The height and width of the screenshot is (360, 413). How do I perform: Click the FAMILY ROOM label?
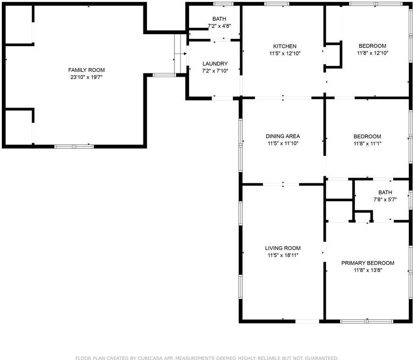pos(86,70)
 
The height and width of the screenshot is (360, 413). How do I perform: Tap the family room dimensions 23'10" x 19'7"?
pos(86,77)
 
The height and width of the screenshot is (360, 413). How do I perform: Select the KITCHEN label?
pos(283,46)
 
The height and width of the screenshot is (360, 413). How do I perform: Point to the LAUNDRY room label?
pos(215,63)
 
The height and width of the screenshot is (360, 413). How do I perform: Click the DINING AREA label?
pos(283,136)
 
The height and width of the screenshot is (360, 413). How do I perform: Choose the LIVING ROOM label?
pos(283,248)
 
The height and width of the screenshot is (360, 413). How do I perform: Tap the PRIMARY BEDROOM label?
pos(368,263)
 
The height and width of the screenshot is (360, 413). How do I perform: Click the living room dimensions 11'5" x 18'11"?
pos(283,255)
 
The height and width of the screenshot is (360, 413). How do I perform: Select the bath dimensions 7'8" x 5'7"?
pos(385,199)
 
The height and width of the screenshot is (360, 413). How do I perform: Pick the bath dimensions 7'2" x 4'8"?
pos(215,26)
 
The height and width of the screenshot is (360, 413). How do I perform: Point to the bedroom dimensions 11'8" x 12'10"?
pos(372,53)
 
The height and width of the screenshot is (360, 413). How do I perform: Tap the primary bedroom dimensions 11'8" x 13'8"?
pos(368,270)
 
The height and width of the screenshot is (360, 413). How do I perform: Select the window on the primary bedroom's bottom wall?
pos(367,321)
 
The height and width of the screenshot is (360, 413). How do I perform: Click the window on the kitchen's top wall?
pos(277,4)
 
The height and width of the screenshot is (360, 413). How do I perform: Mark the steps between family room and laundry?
pos(180,54)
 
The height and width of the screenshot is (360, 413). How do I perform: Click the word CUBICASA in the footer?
pos(149,358)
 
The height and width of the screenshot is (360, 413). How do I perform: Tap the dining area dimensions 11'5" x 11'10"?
pos(283,143)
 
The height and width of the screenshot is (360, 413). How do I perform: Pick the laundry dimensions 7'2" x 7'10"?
pos(215,71)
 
